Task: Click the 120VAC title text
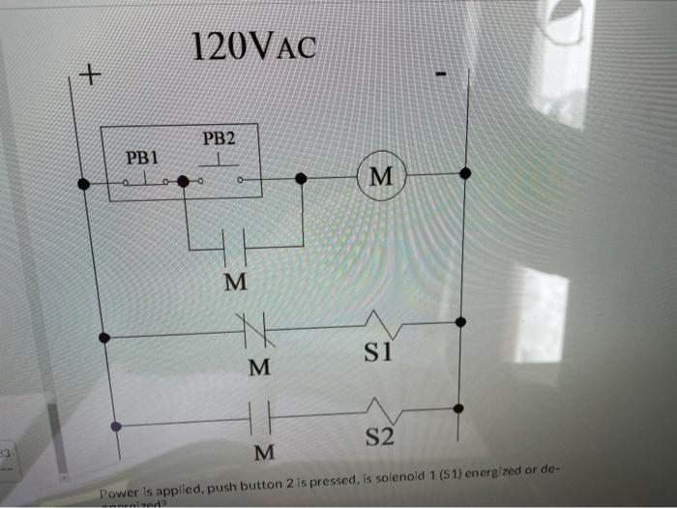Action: (252, 45)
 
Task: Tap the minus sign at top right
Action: (441, 75)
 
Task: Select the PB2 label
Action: (218, 138)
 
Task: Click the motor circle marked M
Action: (381, 176)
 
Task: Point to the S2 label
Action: (380, 439)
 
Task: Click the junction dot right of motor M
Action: (464, 173)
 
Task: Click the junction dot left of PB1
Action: (85, 184)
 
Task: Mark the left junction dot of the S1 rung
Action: (105, 339)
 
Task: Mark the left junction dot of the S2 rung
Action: (117, 426)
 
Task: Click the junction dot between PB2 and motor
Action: (301, 179)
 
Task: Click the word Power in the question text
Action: (122, 492)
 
